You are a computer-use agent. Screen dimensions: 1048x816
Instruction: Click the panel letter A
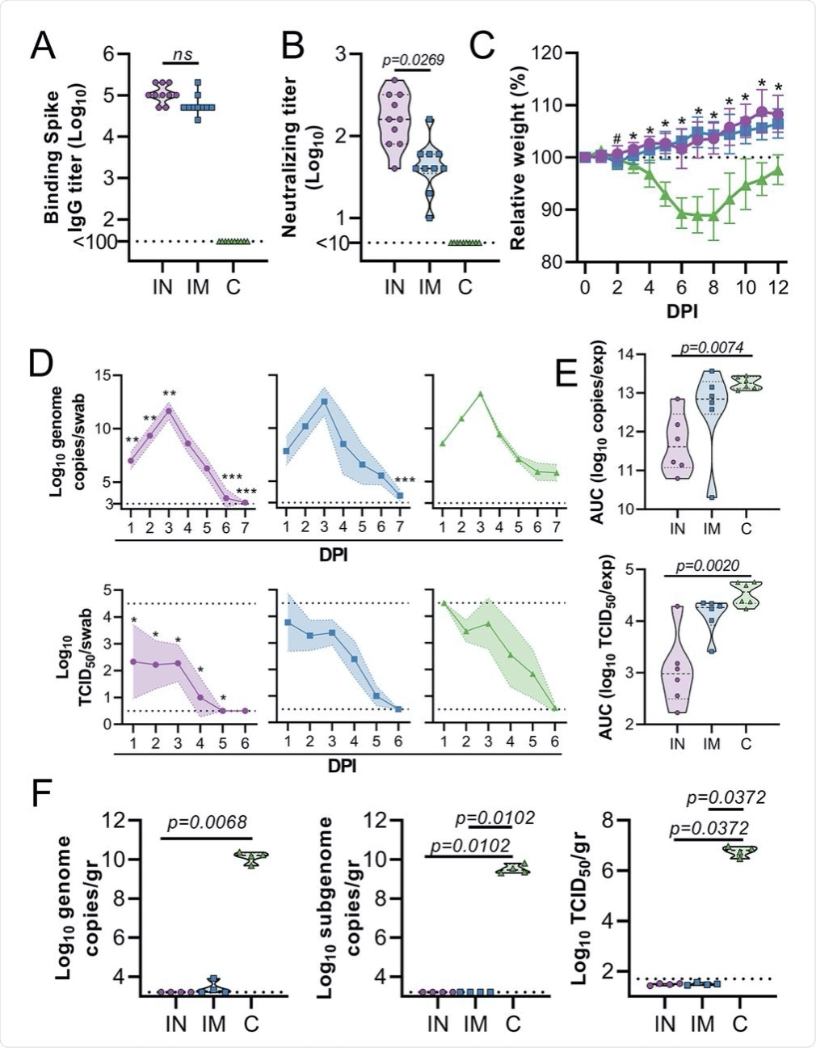click(43, 47)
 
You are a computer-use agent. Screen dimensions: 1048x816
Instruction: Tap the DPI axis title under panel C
click(680, 311)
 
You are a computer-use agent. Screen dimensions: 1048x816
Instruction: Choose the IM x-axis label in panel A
click(198, 286)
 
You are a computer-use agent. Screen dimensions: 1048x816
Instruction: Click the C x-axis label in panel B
click(464, 286)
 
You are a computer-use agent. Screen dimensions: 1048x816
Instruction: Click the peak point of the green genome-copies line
click(481, 394)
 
